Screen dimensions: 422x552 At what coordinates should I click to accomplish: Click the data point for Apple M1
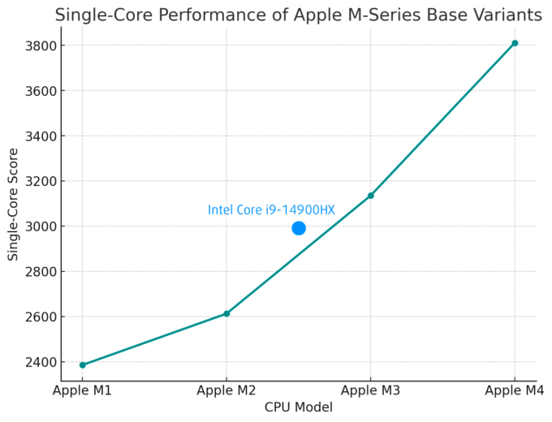coord(82,365)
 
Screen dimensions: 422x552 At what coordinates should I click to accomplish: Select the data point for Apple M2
coord(226,313)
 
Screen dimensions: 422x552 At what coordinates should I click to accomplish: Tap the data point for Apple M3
coord(371,196)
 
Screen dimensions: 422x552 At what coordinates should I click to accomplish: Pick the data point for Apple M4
coord(515,43)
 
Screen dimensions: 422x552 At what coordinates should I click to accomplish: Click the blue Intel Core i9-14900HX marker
coord(299,228)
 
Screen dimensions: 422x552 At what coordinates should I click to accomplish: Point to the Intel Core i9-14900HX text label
coord(271,210)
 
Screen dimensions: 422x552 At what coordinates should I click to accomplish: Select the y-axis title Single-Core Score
coord(13,204)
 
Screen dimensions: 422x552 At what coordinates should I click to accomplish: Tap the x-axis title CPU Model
coord(298,407)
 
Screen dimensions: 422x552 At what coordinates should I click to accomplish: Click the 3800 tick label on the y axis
coord(39,45)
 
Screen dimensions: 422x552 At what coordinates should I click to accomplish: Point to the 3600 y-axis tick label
coord(39,91)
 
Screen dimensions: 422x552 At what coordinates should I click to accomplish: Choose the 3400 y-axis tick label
coord(39,136)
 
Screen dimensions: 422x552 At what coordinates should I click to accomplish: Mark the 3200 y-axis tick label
coord(39,181)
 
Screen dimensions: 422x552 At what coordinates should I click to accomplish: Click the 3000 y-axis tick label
coord(39,226)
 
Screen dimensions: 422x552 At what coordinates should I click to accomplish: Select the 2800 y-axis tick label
coord(39,272)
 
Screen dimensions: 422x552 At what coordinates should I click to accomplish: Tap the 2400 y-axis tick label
coord(39,362)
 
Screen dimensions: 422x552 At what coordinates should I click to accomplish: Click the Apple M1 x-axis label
coord(82,392)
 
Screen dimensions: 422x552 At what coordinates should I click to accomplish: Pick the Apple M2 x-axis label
coord(226,392)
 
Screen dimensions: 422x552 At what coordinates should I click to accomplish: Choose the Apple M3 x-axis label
coord(371,392)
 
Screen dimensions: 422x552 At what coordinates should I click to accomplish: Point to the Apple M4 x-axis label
coord(515,392)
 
